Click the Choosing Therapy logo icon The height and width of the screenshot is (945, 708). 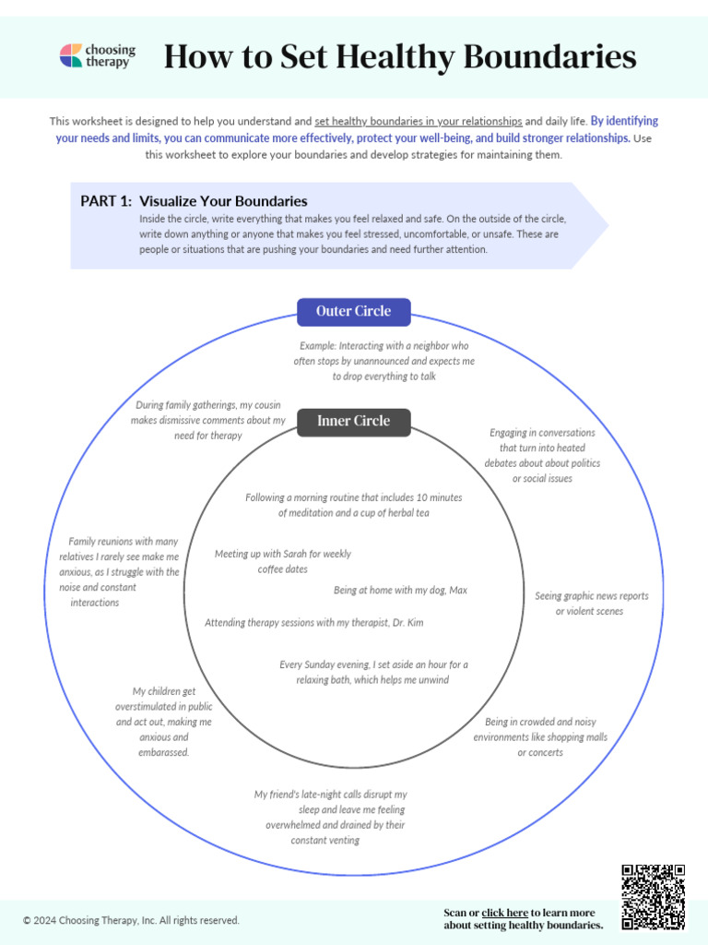71,55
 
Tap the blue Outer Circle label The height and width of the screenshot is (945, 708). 353,312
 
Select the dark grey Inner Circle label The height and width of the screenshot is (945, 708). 353,422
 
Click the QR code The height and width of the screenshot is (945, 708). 653,896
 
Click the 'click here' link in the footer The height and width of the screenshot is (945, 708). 504,913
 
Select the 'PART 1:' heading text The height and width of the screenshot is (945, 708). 105,201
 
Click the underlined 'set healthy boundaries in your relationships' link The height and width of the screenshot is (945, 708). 419,121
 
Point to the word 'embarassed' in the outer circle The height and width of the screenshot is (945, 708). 163,753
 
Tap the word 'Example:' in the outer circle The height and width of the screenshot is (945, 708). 319,345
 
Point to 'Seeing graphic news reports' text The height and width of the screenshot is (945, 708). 591,596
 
